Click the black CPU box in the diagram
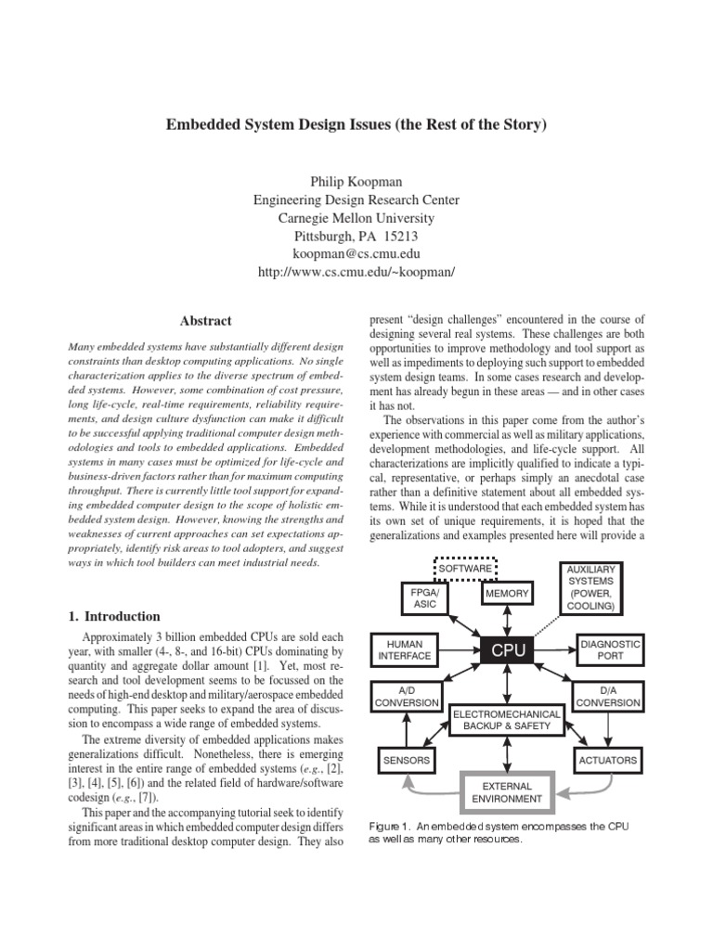(508, 651)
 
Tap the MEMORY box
(508, 593)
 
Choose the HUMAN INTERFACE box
(405, 649)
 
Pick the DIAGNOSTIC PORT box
(610, 649)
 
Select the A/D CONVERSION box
(406, 696)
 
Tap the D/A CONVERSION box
(608, 696)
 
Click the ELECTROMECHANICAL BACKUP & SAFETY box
(506, 720)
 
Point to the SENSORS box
(406, 761)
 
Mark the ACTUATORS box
(608, 761)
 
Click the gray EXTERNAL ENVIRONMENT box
(506, 791)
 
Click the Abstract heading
(206, 321)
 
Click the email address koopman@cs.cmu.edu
(356, 255)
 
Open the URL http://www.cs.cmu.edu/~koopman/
(356, 274)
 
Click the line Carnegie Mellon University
(356, 217)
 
